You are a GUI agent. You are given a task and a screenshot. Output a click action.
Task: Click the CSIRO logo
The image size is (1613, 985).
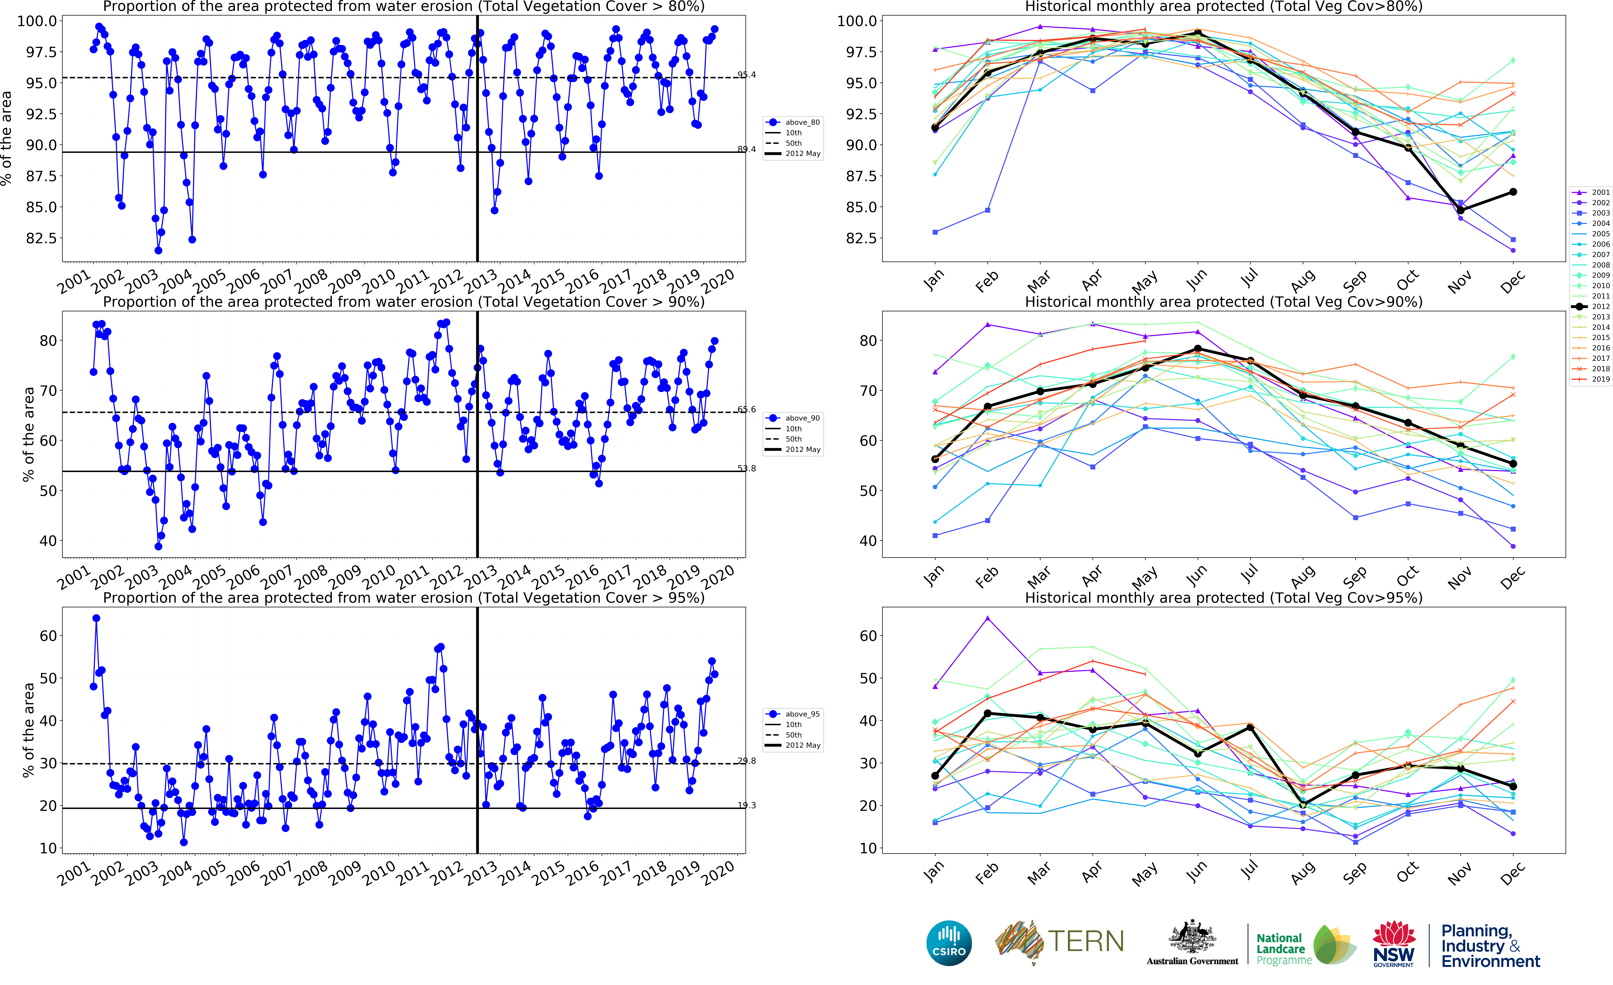[949, 943]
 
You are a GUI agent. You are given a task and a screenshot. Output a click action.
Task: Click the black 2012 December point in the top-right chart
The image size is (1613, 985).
[1513, 192]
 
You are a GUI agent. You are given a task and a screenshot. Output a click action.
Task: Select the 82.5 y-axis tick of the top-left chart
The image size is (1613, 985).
[41, 238]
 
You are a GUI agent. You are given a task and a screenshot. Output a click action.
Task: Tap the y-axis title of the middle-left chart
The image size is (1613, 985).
[28, 434]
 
